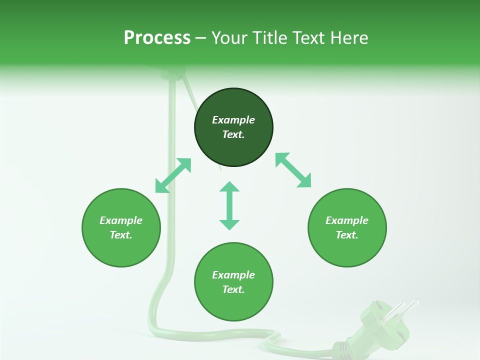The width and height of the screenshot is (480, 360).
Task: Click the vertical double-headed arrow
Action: pos(229,205)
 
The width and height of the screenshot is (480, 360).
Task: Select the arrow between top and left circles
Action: pos(173,175)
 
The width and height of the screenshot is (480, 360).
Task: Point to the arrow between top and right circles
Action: pos(293,170)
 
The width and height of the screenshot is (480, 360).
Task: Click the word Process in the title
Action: pos(157,38)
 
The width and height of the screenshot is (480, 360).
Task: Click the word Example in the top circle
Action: pos(233,120)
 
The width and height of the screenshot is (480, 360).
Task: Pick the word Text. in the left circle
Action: pos(121,235)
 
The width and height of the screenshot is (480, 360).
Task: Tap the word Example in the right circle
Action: pos(347,220)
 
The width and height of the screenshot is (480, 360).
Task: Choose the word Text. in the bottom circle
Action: pos(233,289)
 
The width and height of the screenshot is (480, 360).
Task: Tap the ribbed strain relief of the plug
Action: pos(341,346)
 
